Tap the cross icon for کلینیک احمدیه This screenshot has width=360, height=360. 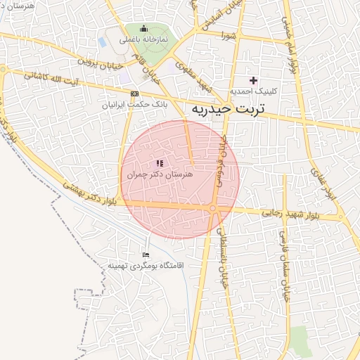click(254, 81)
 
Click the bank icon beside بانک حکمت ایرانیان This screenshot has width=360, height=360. click(134, 94)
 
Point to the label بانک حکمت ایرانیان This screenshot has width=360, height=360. click(134, 104)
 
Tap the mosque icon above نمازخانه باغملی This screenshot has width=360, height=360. click(144, 29)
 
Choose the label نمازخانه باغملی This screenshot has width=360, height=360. click(143, 39)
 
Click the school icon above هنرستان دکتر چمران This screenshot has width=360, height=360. click(159, 163)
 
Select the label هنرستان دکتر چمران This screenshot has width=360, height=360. click(159, 174)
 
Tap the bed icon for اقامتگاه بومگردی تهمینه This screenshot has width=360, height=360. click(146, 255)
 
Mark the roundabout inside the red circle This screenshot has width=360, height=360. click(212, 208)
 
